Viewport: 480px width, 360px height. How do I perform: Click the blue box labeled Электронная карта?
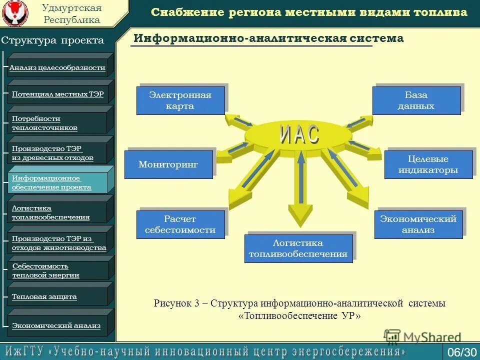pyautogui.click(x=180, y=100)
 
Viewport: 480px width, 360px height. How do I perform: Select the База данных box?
pyautogui.click(x=416, y=100)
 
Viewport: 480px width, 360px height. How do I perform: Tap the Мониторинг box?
pyautogui.click(x=168, y=164)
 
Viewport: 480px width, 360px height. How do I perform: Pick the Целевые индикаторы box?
pyautogui.click(x=428, y=165)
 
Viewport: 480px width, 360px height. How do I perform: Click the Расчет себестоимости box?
pyautogui.click(x=180, y=224)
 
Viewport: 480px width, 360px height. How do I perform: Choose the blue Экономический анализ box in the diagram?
pyautogui.click(x=418, y=224)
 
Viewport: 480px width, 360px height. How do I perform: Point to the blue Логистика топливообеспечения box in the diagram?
pyautogui.click(x=298, y=248)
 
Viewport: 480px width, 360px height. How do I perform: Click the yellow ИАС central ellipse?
pyautogui.click(x=299, y=134)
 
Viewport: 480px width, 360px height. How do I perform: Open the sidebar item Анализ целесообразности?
pyautogui.click(x=57, y=67)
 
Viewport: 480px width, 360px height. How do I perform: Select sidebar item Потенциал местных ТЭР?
pyautogui.click(x=57, y=94)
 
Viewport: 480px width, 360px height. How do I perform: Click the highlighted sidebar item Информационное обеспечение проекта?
pyautogui.click(x=57, y=182)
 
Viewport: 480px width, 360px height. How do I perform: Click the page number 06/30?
pyautogui.click(x=461, y=352)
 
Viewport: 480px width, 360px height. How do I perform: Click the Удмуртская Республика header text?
pyautogui.click(x=71, y=14)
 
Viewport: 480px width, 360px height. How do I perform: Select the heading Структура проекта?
pyautogui.click(x=52, y=40)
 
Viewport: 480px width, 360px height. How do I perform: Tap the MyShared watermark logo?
pyautogui.click(x=422, y=337)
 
